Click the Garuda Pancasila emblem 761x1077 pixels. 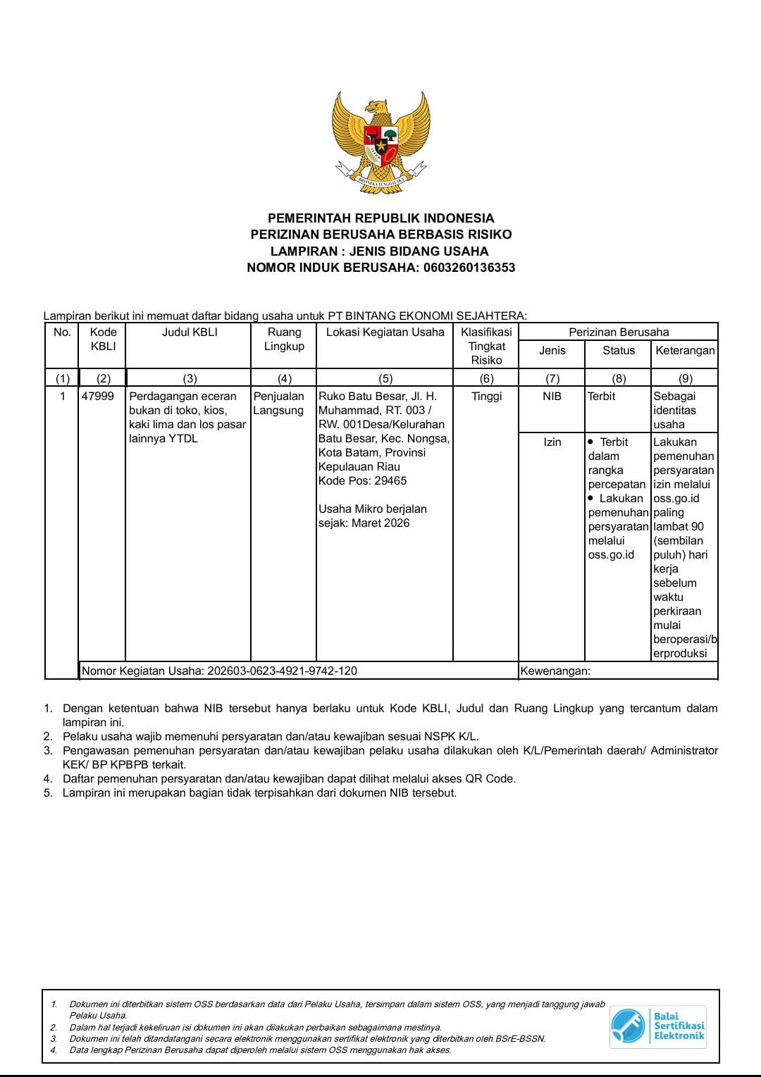(380, 142)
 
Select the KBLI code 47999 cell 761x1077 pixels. (98, 397)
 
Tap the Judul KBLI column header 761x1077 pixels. (190, 332)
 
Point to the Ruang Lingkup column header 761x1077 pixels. (284, 339)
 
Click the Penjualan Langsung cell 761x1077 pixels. (278, 404)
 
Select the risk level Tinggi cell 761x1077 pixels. (486, 397)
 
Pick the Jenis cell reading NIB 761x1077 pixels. (552, 397)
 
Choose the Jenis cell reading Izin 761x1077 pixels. (552, 442)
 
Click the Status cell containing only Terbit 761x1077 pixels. (602, 397)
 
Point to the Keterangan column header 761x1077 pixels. (685, 351)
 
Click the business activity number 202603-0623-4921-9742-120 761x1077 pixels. (282, 671)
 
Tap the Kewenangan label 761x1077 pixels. (555, 671)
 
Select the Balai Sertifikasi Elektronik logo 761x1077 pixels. (658, 1026)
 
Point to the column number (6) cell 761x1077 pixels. (486, 378)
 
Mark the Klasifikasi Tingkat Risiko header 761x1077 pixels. (486, 346)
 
